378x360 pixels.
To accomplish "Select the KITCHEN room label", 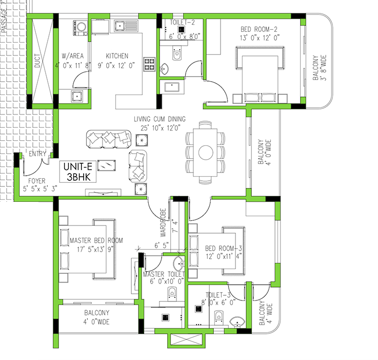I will point(117,56).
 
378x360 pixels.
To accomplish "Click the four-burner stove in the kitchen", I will point(150,64).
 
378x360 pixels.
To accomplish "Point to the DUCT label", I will point(37,62).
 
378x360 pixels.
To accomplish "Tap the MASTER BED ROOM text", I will point(96,240).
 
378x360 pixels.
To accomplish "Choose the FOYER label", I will point(37,181).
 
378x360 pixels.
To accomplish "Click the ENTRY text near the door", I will point(37,154).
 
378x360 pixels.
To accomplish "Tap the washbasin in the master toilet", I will point(177,264).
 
